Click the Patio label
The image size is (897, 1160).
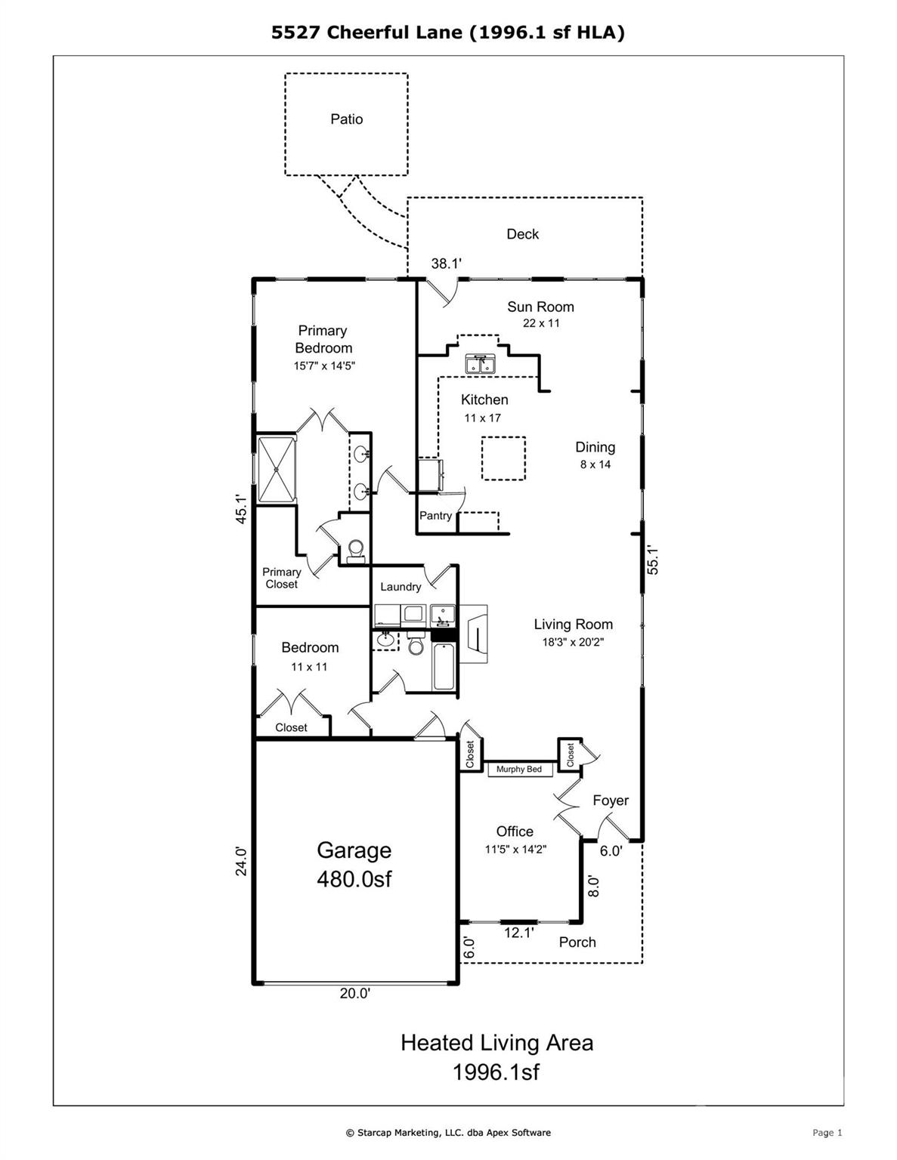pos(346,119)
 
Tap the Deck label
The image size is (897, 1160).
pos(522,234)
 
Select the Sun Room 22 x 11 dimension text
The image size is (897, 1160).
pos(541,323)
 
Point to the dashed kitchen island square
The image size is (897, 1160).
pos(503,458)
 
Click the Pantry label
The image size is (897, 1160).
pos(435,516)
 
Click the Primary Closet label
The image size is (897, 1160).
pos(281,578)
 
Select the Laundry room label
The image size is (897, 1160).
pos(401,587)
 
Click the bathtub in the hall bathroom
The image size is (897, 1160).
pos(444,666)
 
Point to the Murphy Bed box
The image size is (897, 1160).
pos(519,770)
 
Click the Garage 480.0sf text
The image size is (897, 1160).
pos(354,865)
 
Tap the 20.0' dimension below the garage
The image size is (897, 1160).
pos(354,994)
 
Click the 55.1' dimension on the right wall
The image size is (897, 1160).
pos(654,560)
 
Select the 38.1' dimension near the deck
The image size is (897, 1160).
pos(446,264)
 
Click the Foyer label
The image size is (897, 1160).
pos(610,801)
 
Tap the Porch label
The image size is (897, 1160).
pos(577,942)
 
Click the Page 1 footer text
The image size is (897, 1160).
pos(827,1132)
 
